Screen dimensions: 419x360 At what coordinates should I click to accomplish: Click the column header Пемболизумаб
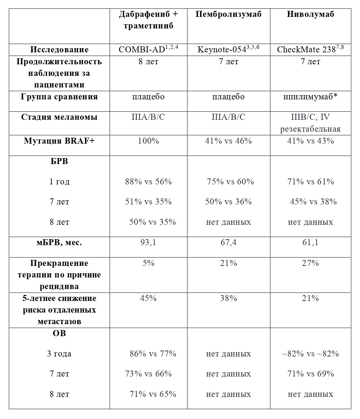pos(228,14)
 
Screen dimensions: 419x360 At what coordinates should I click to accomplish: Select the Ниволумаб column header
pos(310,14)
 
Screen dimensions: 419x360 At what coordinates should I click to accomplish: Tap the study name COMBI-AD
pos(142,50)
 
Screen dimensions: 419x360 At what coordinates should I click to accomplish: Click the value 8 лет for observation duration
pos(148,62)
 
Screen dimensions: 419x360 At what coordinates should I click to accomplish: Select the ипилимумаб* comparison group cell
pos(310,97)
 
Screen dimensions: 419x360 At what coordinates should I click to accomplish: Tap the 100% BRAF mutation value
pos(148,141)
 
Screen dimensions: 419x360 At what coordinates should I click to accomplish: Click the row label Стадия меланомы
pos(59,117)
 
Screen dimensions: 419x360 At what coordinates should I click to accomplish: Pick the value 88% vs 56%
pos(148,182)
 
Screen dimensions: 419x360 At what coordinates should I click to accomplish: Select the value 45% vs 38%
pos(313,202)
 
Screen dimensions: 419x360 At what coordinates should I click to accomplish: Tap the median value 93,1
pos(148,243)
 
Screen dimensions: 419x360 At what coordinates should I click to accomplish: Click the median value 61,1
pos(310,243)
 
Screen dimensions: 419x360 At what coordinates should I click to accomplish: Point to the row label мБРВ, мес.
pos(59,243)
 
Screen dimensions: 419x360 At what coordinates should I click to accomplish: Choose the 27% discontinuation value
pos(310,263)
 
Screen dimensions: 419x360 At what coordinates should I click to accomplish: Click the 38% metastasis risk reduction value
pos(228,299)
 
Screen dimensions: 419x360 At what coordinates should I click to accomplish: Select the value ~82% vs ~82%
pos(310,354)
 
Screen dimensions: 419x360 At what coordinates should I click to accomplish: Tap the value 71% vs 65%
pos(153,394)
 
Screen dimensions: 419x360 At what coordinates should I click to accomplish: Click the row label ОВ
pos(59,333)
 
